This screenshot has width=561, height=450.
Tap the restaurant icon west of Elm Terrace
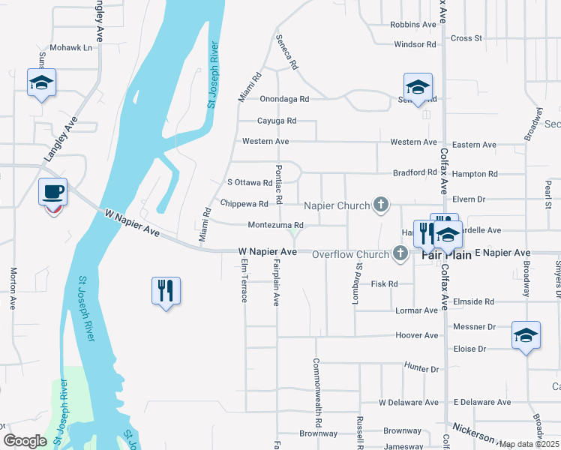coord(166,290)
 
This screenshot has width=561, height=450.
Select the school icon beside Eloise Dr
coord(526,334)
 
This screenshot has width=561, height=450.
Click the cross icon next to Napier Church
coord(381,205)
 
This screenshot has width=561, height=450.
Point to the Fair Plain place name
coord(446,255)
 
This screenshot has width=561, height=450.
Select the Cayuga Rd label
coord(277,121)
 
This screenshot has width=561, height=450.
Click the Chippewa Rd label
coord(244,204)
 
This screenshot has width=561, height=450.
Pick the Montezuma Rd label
coord(275,225)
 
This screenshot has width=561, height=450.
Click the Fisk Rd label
coord(384,284)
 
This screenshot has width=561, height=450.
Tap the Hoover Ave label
coord(416,335)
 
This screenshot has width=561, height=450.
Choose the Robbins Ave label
coord(413,25)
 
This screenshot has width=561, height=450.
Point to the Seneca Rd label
coord(286,52)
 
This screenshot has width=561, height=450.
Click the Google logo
coord(25,441)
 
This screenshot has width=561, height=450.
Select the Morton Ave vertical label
coord(13,289)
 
